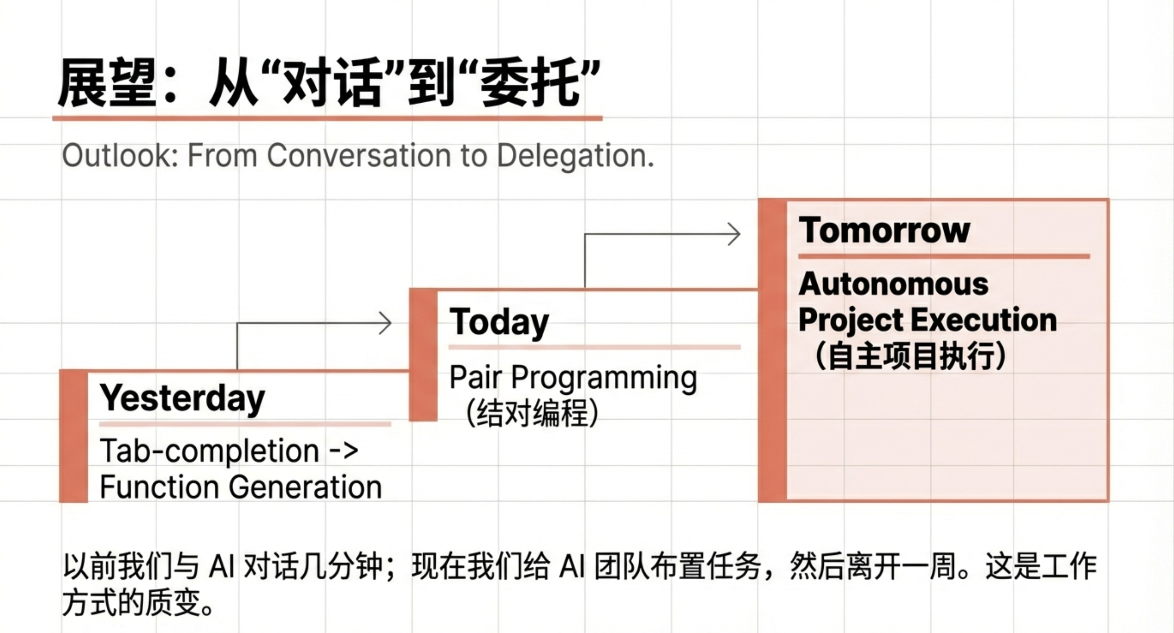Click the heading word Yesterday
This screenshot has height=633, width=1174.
[x=182, y=398]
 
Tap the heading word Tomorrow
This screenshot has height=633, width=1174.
[x=884, y=230]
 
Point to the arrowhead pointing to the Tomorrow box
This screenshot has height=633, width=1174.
[x=735, y=234]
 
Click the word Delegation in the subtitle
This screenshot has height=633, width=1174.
[x=575, y=156]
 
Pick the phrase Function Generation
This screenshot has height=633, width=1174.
[x=241, y=487]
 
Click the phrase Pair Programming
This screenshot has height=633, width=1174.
[x=573, y=378]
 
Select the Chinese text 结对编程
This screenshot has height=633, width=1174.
[x=532, y=413]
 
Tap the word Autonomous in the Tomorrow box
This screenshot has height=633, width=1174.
[x=893, y=284]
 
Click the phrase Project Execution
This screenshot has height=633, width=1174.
[x=927, y=320]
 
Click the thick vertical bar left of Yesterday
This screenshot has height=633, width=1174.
[x=73, y=436]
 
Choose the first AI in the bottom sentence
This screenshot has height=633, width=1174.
[x=221, y=567]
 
